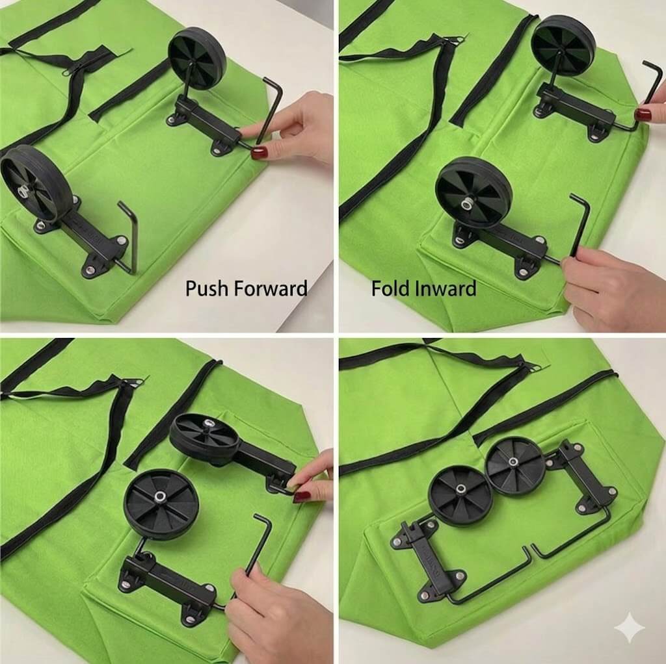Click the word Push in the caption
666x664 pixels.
(x=207, y=288)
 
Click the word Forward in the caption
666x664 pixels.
(x=271, y=288)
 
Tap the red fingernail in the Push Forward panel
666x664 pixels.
(x=259, y=153)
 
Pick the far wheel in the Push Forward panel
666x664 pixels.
(x=197, y=58)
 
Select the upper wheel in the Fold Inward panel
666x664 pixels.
(x=564, y=46)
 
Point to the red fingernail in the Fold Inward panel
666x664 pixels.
(x=643, y=114)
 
